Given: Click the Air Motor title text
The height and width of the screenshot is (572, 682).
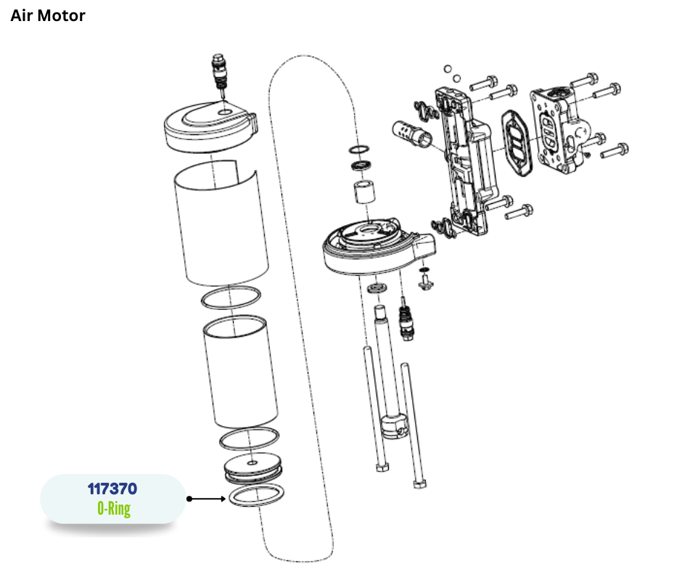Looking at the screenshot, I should tap(48, 15).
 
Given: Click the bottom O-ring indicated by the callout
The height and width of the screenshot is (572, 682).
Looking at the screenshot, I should tap(255, 497).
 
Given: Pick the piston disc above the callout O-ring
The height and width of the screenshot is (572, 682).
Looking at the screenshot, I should tap(252, 465).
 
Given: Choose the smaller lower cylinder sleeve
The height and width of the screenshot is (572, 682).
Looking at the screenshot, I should tap(239, 374).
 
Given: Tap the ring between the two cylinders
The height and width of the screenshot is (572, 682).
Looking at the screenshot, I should tap(231, 298).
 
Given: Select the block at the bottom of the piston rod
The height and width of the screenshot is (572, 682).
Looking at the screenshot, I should tap(395, 428).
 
